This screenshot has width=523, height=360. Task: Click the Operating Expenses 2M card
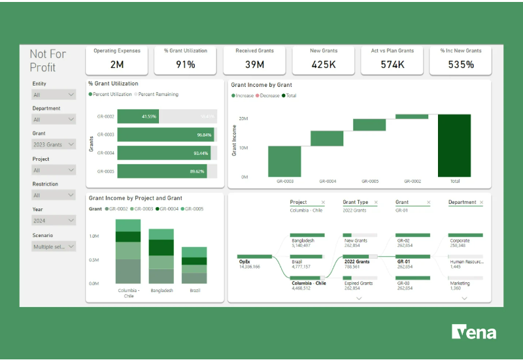116,59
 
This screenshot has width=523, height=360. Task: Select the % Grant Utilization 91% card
185,59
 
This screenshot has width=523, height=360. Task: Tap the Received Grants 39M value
254,64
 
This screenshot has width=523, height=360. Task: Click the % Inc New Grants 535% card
460,59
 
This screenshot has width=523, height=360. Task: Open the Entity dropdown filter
54,95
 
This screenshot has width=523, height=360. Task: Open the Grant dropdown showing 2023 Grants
54,144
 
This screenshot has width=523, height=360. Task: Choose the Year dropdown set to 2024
54,221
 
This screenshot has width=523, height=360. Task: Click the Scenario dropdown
54,246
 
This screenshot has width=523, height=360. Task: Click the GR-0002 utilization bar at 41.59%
139,116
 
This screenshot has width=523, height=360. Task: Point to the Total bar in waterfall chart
454,145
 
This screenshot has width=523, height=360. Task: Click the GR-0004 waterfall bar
327,139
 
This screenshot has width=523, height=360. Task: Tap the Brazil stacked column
194,265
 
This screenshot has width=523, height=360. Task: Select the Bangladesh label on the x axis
161,290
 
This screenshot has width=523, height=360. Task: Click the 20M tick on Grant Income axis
243,118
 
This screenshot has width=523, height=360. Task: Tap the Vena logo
474,332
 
